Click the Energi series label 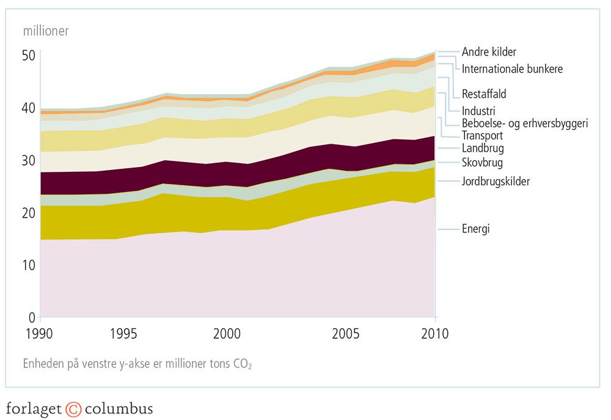tap(476, 229)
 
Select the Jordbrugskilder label tap(496, 182)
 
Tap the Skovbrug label tap(483, 163)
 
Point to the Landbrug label tap(483, 148)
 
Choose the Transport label tap(483, 136)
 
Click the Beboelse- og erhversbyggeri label tap(525, 123)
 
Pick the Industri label tap(478, 111)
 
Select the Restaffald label tap(484, 94)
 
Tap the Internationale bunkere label tap(512, 69)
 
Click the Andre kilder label tap(489, 53)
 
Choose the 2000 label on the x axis tap(227, 334)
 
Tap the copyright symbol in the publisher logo tap(73, 408)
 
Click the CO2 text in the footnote tap(241, 364)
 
